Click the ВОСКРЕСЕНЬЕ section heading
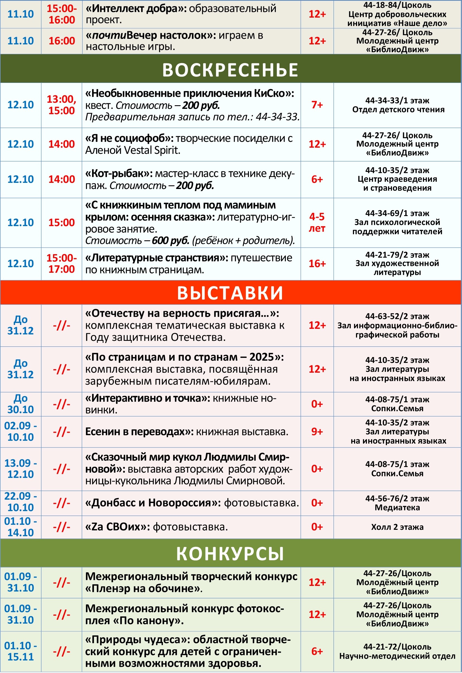230,70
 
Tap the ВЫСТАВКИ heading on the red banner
230,293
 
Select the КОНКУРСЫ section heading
230,554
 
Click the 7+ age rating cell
317,105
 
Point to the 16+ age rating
317,264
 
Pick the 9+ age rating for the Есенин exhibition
317,432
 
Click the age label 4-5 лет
317,222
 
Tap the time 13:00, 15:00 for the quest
61,105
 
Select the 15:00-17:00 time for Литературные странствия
61,264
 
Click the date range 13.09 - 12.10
21,469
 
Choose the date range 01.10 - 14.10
21,527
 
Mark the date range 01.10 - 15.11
21,651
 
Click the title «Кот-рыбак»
119,173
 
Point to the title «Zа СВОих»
117,527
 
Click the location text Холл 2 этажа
397,527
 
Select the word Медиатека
397,508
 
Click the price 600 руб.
170,240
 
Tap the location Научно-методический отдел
397,656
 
